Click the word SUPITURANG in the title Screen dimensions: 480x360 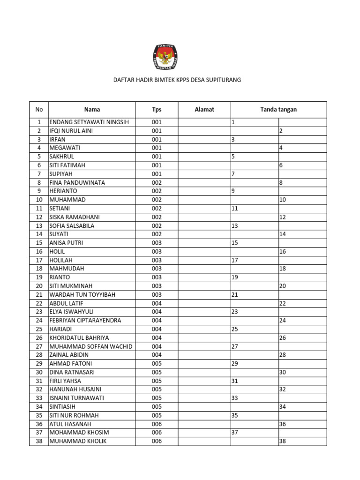224,80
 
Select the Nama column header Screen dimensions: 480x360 92,110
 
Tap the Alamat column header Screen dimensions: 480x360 204,110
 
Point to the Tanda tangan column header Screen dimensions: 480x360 278,110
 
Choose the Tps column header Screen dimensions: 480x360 156,110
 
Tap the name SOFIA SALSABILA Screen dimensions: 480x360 72,225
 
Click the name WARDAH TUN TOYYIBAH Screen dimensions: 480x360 82,294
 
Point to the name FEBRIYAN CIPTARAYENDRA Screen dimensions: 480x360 85,321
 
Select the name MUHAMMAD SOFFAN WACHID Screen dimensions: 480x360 90,346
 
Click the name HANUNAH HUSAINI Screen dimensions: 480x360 75,390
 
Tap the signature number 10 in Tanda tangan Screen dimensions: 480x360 283,200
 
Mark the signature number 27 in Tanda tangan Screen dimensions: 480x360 235,346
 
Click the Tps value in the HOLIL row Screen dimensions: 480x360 156,251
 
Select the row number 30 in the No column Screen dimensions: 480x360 39,372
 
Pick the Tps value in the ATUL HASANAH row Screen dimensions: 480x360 156,424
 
